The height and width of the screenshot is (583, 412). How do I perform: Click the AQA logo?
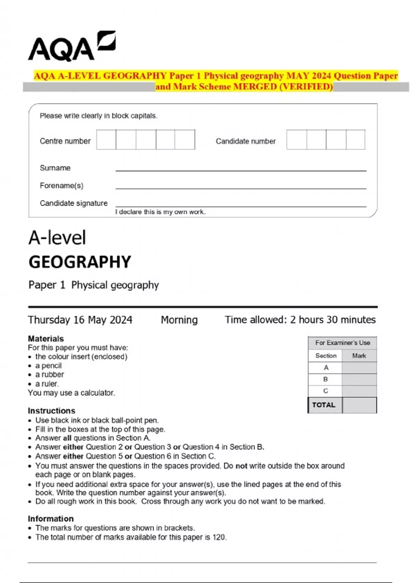pos(71,47)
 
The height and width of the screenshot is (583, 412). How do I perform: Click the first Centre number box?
pos(106,140)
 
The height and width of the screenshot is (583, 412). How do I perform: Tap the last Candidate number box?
pos(355,140)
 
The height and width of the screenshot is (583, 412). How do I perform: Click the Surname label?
pos(55,168)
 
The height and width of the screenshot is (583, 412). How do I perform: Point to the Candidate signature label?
pos(73,203)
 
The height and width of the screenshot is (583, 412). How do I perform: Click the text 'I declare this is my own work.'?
pos(160,212)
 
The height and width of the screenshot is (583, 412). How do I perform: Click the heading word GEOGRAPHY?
pos(80,262)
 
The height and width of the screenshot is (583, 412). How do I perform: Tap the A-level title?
pos(57,238)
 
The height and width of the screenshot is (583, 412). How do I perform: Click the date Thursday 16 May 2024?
pos(80,320)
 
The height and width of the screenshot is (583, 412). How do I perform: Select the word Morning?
pos(179,320)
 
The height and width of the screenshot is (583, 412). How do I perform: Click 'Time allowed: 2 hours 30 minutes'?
pos(300,320)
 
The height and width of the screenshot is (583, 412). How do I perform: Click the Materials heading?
pos(46,338)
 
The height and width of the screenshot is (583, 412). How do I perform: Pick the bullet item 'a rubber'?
pos(49,374)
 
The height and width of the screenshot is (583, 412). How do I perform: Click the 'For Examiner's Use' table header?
pos(342,343)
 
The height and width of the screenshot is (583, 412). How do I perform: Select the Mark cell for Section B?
pos(359,379)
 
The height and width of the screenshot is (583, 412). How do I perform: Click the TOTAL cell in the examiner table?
pos(324,405)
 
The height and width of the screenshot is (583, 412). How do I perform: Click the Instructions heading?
pos(51,411)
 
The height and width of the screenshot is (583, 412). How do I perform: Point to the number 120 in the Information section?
pos(219,537)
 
